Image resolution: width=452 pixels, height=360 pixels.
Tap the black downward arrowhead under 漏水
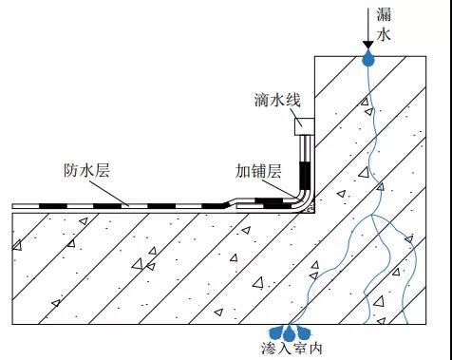pyautogui.click(x=368, y=45)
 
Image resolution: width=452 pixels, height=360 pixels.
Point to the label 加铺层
pyautogui.click(x=256, y=172)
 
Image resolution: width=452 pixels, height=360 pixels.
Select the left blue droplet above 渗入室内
pyautogui.click(x=277, y=333)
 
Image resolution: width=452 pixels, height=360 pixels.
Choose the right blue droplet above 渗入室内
pyautogui.click(x=307, y=333)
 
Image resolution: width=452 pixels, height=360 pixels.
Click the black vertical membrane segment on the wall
pyautogui.click(x=305, y=175)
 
